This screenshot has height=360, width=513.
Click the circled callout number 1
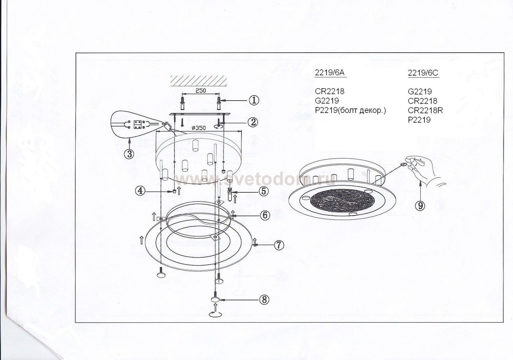(254, 100)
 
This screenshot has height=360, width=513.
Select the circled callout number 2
(253, 122)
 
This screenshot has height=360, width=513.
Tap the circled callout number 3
(129, 154)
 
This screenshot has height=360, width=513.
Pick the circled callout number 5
(263, 191)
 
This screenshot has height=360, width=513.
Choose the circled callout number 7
(279, 245)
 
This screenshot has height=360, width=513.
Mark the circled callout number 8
(264, 300)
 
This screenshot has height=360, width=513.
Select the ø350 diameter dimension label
(198, 128)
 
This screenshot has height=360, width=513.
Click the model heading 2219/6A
(330, 73)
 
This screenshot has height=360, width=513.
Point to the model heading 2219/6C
(423, 73)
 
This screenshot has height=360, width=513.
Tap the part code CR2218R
(425, 110)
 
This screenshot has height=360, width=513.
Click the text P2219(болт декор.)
(350, 110)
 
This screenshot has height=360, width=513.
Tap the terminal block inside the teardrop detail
(139, 124)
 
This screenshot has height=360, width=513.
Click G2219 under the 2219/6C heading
(420, 91)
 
